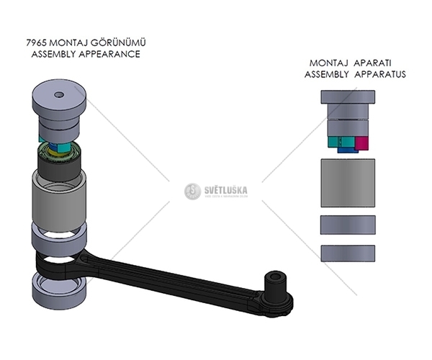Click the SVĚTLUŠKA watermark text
[225, 189]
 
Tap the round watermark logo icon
[192, 191]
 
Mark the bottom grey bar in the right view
[348, 253]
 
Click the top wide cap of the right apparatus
[348, 96]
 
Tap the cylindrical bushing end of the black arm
[277, 282]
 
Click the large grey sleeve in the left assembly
[59, 197]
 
